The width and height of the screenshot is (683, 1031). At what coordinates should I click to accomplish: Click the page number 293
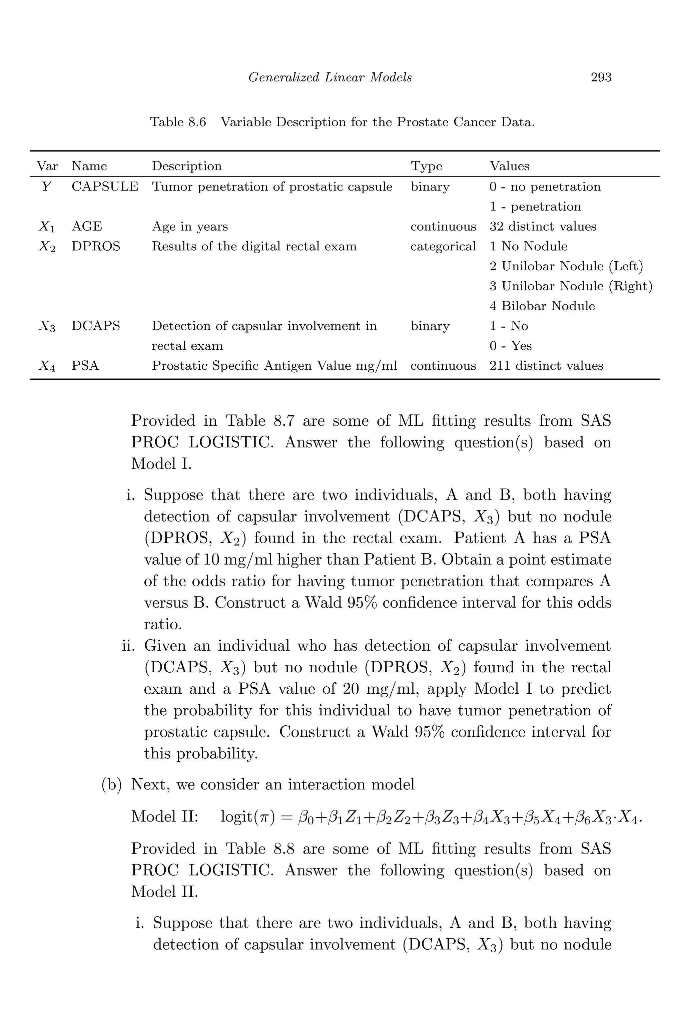click(601, 77)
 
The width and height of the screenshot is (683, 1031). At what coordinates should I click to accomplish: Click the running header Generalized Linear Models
click(330, 77)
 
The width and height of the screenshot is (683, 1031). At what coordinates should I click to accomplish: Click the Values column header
click(509, 166)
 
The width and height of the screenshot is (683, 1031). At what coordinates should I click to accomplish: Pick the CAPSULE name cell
click(104, 187)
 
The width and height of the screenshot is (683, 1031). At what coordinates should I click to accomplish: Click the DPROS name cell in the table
click(95, 246)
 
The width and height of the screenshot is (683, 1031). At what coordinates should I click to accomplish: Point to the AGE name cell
click(87, 227)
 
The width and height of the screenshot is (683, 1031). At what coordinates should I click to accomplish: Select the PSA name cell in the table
click(85, 366)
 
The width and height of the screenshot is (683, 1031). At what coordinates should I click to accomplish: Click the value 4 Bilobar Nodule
click(542, 306)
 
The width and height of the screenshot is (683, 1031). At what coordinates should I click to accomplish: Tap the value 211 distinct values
click(546, 366)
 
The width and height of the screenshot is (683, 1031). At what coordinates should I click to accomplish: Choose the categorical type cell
click(443, 247)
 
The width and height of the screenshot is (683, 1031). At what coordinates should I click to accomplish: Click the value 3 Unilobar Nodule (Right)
click(571, 286)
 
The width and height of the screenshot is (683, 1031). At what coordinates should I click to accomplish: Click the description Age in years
click(189, 227)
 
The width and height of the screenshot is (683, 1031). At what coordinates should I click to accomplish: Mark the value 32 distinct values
click(543, 227)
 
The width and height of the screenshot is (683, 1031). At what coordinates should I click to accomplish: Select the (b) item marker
click(111, 784)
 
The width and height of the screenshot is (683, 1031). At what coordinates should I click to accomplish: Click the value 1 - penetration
click(535, 207)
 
